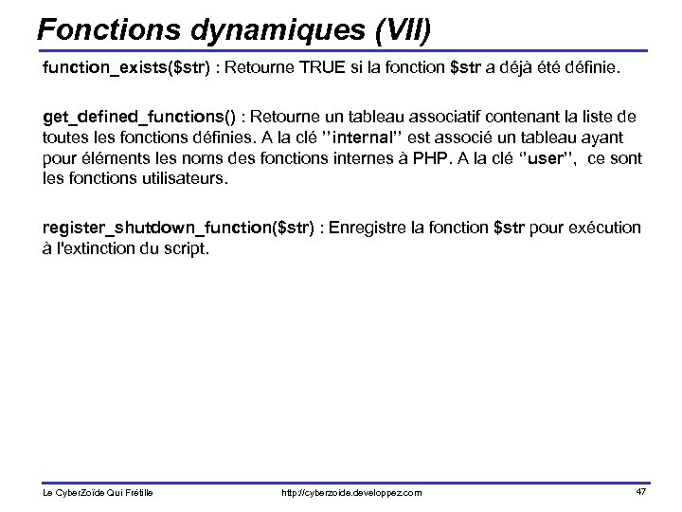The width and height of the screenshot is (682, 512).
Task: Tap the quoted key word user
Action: coord(547,157)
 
